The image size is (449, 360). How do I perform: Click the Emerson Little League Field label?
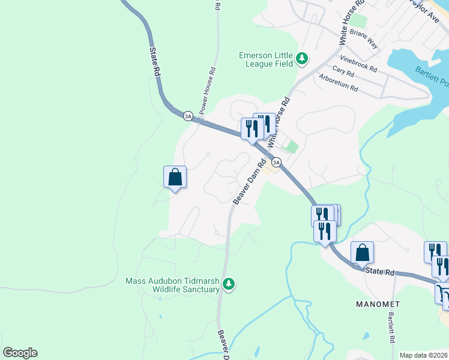pyautogui.click(x=265, y=59)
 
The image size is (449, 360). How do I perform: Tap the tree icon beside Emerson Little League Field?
pyautogui.click(x=302, y=59)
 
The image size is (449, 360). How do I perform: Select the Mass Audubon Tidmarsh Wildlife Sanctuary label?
pyautogui.click(x=172, y=285)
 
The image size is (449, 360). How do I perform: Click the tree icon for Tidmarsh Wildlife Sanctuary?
pyautogui.click(x=228, y=284)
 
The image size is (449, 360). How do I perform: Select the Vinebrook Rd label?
pyautogui.click(x=358, y=64)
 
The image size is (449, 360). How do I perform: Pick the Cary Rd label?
pyautogui.click(x=343, y=71)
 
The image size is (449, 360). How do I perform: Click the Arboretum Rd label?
pyautogui.click(x=339, y=83)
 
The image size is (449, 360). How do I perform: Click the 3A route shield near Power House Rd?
pyautogui.click(x=188, y=116)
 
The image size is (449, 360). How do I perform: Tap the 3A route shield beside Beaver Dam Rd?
pyautogui.click(x=276, y=162)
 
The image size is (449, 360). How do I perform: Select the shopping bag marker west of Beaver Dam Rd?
pyautogui.click(x=175, y=178)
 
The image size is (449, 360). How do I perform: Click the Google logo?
pyautogui.click(x=20, y=353)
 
